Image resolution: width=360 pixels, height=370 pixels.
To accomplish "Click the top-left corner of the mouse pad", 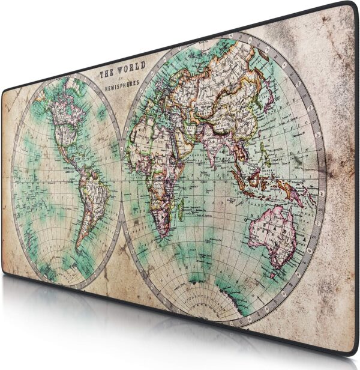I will point(5,90).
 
